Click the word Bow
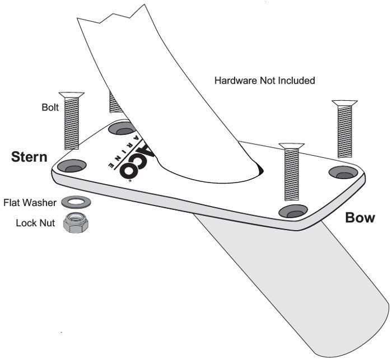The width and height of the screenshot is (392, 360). click(x=360, y=217)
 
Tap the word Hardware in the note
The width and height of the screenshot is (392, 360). click(x=235, y=81)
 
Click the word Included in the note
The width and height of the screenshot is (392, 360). click(x=297, y=81)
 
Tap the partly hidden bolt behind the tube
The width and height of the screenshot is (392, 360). click(x=115, y=102)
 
